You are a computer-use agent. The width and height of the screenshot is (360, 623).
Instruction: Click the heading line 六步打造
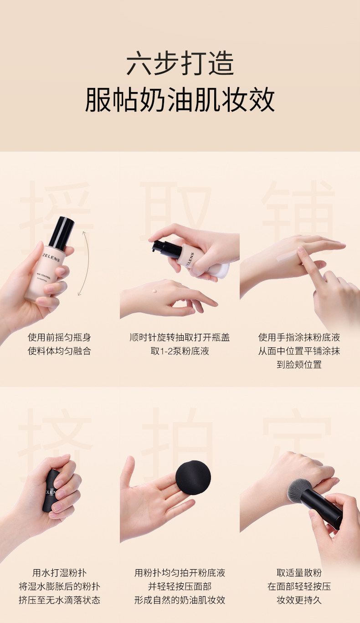click(180, 63)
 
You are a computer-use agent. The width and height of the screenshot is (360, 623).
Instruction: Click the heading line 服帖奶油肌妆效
click(180, 100)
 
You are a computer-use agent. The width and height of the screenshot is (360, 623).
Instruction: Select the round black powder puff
click(193, 478)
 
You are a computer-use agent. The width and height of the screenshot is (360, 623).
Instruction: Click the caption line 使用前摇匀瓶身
click(59, 337)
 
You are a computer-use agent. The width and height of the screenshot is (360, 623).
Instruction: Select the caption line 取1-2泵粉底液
click(180, 351)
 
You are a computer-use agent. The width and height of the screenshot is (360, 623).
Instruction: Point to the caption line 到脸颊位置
click(299, 364)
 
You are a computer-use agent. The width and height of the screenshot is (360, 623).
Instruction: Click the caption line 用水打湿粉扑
click(59, 573)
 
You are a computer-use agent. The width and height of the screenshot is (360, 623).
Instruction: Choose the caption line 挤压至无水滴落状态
click(59, 600)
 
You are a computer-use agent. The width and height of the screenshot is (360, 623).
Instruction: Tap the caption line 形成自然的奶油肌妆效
click(180, 600)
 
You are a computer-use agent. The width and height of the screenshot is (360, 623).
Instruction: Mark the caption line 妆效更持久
click(299, 600)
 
